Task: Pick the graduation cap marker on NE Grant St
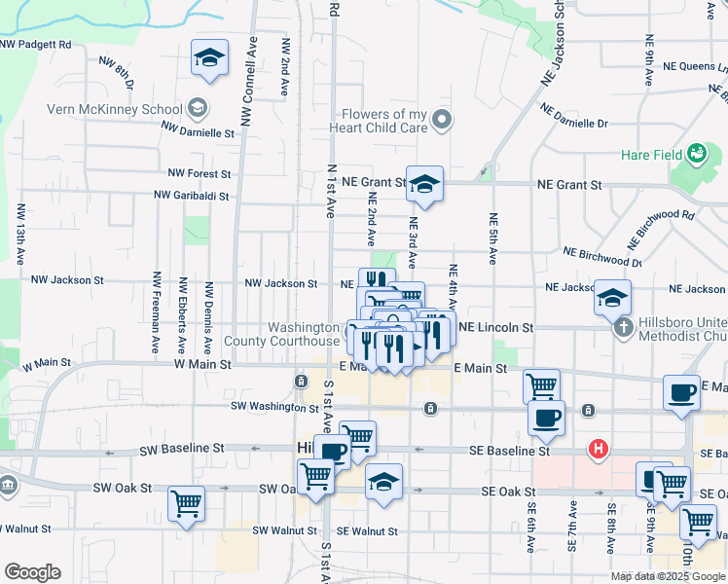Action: [x=424, y=184]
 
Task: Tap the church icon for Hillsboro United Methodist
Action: [x=624, y=327]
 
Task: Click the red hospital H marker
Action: [x=599, y=450]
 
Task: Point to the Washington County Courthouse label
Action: [x=282, y=334]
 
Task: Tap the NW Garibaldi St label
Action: [x=198, y=196]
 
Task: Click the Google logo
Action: [x=32, y=572]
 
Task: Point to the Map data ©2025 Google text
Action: [x=668, y=576]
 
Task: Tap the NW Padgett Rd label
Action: [x=37, y=45]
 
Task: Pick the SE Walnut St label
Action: [x=367, y=531]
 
